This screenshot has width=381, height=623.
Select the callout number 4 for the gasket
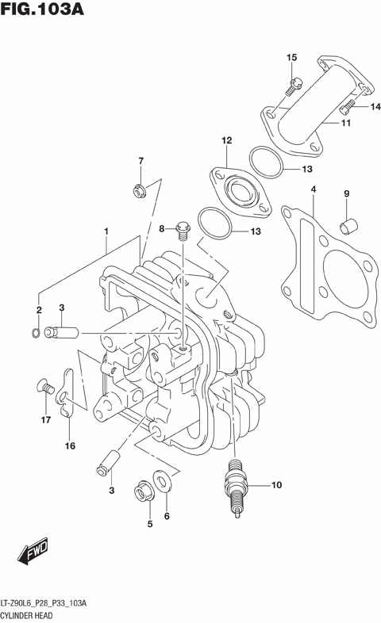(x=314, y=189)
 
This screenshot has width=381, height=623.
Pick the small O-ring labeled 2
(x=36, y=331)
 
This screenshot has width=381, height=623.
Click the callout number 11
(x=346, y=124)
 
